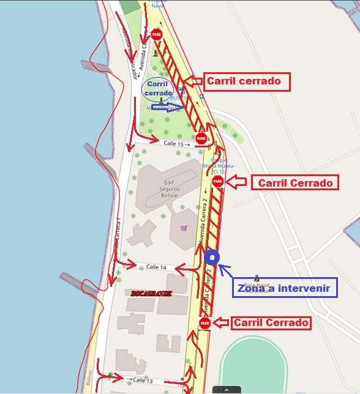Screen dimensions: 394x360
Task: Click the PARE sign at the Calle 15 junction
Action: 201,139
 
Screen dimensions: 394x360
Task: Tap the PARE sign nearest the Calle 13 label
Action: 204,323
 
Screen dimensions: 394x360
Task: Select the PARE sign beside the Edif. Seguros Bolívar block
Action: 217,182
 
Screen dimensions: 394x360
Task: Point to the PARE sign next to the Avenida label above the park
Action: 157,34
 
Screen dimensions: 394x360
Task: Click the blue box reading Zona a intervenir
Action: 285,287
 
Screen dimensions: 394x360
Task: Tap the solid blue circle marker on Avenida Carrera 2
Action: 211,258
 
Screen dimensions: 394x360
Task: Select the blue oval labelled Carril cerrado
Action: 157,88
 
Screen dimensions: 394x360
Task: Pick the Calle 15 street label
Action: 173,144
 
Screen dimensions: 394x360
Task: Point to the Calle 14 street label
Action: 156,267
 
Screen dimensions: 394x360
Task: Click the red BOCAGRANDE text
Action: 151,294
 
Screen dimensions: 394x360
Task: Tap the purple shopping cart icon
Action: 184,228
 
